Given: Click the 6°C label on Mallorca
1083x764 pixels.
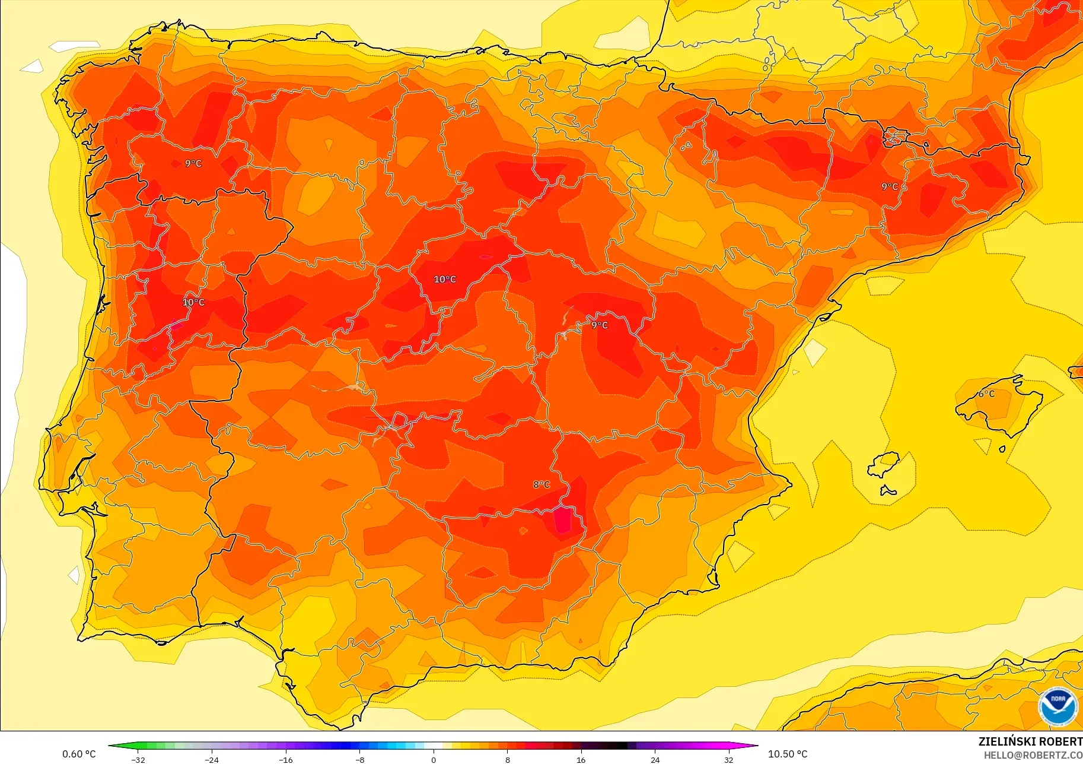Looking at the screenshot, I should [x=986, y=394].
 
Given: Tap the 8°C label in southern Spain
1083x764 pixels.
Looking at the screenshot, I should [x=541, y=484].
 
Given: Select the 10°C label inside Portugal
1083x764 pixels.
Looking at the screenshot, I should [x=193, y=302].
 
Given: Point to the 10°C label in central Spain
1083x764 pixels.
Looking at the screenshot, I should [x=445, y=279].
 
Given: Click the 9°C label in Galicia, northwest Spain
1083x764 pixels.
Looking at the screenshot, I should [x=193, y=163].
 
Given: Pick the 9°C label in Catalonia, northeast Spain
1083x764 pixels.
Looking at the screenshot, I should [x=889, y=186].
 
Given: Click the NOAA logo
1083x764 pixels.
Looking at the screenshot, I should [x=1057, y=706].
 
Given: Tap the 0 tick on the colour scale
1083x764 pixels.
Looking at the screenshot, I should [x=434, y=759].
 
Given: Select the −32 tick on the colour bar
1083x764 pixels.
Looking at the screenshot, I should [x=138, y=759].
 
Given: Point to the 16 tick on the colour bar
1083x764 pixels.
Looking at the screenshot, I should [x=581, y=759].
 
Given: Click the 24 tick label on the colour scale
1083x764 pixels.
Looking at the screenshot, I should [x=655, y=759].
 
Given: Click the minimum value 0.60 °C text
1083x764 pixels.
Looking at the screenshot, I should [x=79, y=754].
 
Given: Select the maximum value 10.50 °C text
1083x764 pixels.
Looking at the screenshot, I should [x=787, y=754].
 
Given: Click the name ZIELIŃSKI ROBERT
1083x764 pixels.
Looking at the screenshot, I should [x=1030, y=741].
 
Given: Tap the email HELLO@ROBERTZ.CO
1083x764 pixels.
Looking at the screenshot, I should [x=1033, y=755].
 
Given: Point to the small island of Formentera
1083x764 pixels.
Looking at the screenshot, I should [x=887, y=490].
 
